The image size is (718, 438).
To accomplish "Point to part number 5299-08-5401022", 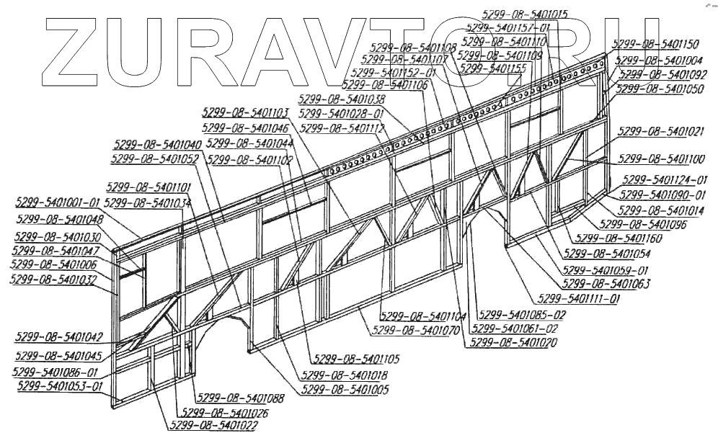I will tap(213, 425).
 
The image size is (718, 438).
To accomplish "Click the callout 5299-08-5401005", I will tap(345, 390).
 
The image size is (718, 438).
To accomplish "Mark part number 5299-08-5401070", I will tap(416, 331).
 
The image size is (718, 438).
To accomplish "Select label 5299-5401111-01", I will tap(575, 298).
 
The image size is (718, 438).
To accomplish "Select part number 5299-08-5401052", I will tap(155, 158).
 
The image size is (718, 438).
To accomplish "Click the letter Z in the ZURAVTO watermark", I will tap(74, 47).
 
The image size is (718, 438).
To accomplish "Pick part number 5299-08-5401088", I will tap(239, 398).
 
